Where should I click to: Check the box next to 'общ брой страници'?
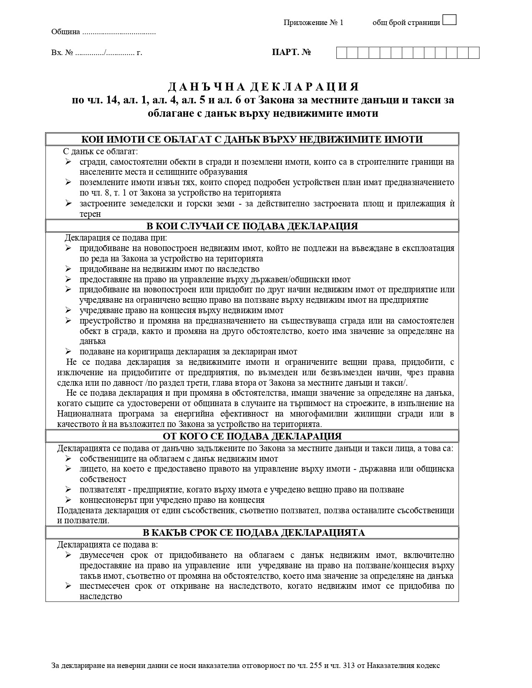point(449,20)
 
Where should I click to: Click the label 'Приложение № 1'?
point(313,23)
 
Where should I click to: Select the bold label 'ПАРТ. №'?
point(291,53)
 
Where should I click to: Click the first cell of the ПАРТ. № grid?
point(342,53)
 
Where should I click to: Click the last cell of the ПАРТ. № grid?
point(474,53)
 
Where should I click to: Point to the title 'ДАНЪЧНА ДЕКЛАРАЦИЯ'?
point(263,87)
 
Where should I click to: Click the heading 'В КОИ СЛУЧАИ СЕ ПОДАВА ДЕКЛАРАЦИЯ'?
point(252,226)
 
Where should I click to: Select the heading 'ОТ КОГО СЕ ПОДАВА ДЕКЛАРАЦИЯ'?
point(252,436)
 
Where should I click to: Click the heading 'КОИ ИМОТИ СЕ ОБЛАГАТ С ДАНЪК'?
point(252,139)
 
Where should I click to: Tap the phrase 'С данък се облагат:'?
point(101,151)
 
